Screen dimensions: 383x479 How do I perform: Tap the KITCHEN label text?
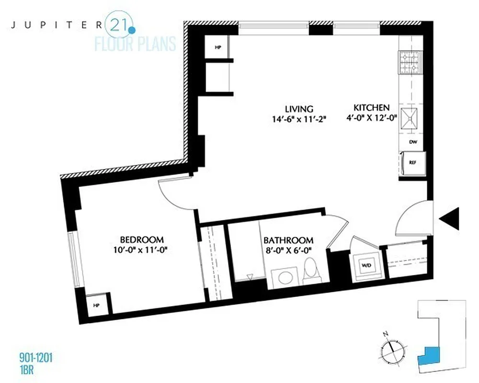click(x=371, y=107)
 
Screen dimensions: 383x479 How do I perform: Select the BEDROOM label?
click(x=142, y=239)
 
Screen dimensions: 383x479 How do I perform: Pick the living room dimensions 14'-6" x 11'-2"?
click(x=301, y=119)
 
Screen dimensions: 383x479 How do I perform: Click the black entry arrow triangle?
click(x=450, y=219)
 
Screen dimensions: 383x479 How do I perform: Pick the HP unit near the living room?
click(x=217, y=48)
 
